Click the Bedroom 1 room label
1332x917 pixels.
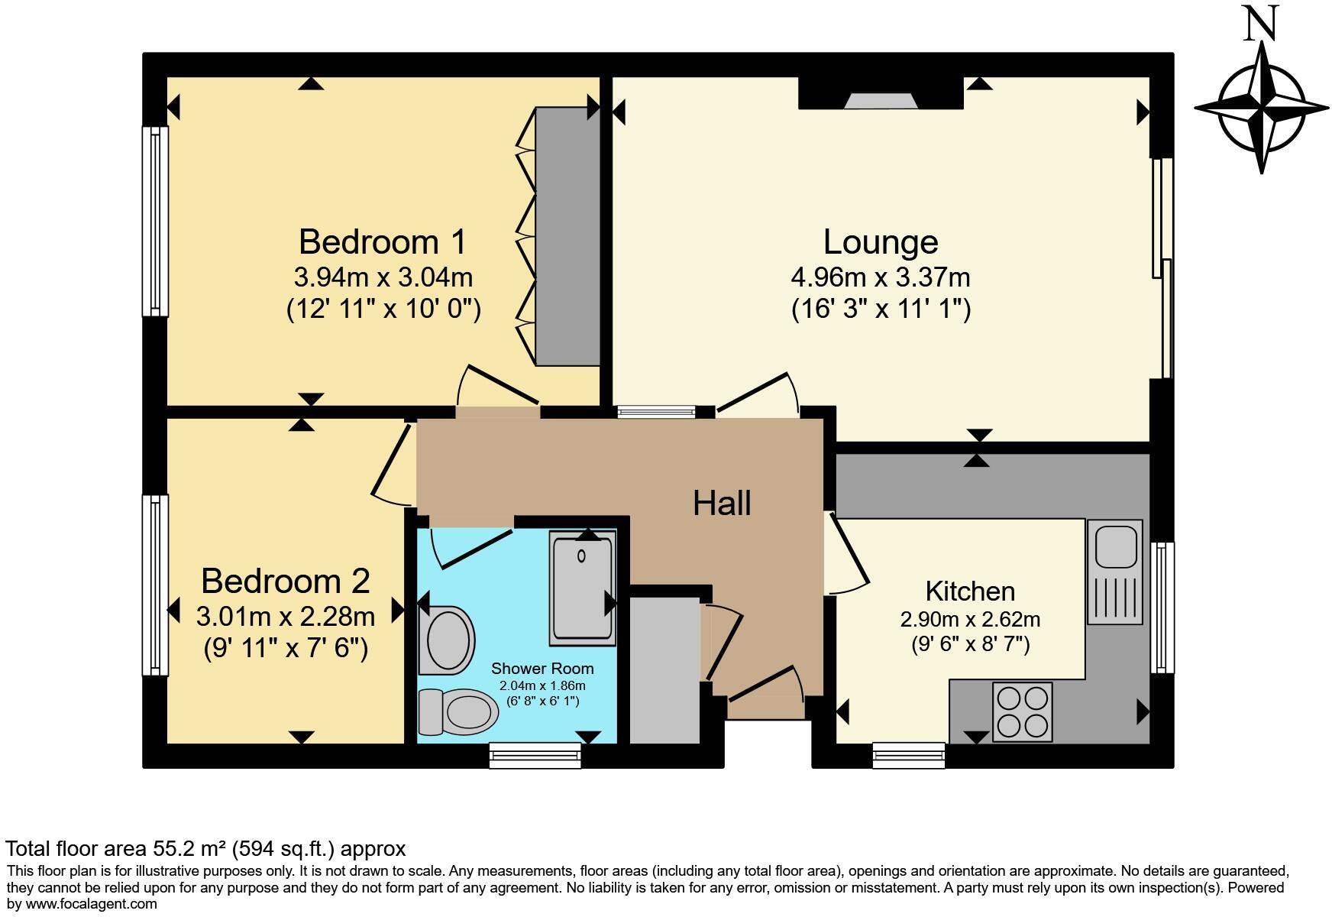(382, 242)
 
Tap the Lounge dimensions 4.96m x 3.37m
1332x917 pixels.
(881, 276)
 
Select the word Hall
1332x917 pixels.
(722, 504)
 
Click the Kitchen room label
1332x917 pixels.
(970, 591)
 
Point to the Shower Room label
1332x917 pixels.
(542, 669)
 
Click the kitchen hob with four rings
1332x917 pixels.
(1023, 711)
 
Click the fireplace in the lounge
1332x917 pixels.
(880, 100)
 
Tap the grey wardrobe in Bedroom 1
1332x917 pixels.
(567, 236)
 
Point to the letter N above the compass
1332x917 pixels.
(1261, 25)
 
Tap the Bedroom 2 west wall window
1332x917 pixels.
(155, 585)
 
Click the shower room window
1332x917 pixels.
(535, 755)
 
